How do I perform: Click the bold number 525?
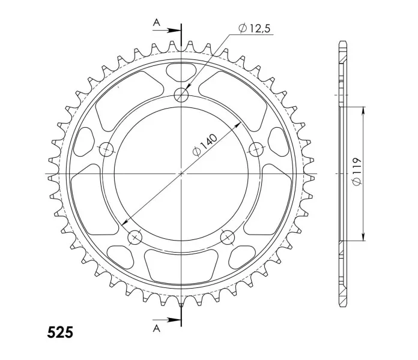coord(60,332)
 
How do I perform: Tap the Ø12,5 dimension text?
coord(255,28)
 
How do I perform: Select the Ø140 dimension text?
coord(205,145)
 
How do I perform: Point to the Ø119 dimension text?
coord(357,171)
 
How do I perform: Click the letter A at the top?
coord(157,23)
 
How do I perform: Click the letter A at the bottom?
coord(157,329)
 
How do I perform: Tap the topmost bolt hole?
coord(181,95)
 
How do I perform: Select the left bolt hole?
coord(106,149)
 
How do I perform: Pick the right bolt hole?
coord(256,149)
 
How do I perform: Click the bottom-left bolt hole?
coord(135,237)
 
